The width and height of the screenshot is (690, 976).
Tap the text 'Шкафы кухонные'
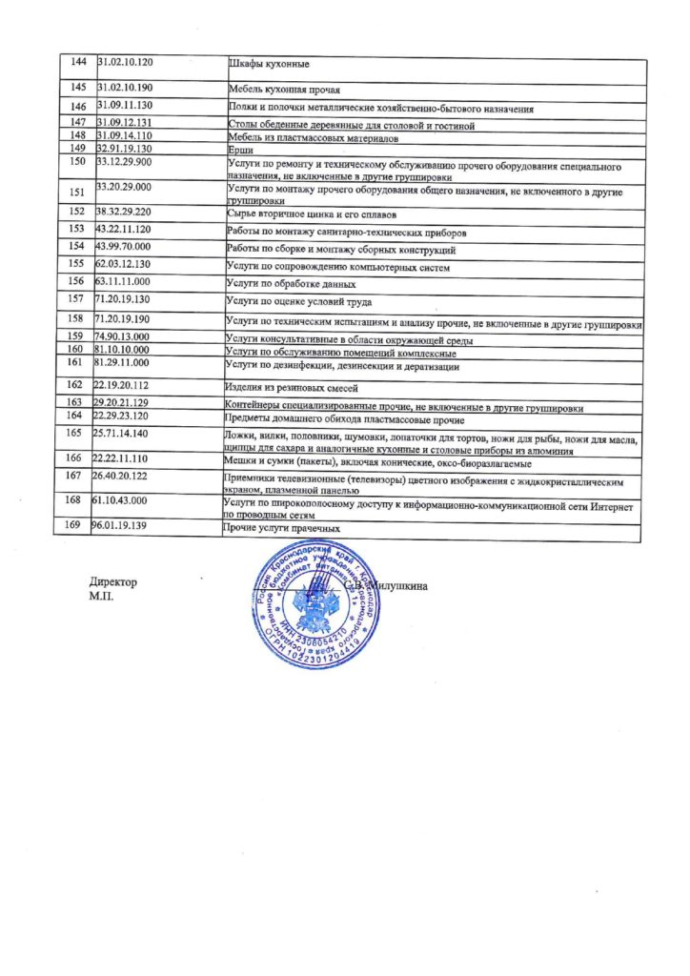click(x=268, y=64)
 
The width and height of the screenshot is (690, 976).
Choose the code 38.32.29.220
click(x=125, y=209)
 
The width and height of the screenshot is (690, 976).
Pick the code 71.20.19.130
click(x=124, y=299)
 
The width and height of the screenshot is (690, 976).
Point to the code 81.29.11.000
click(x=122, y=363)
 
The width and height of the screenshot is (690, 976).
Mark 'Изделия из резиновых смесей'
click(x=291, y=388)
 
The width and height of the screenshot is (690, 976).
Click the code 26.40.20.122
click(x=122, y=475)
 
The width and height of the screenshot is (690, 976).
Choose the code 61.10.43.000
click(x=121, y=499)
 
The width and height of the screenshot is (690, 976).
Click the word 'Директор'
click(x=113, y=581)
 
